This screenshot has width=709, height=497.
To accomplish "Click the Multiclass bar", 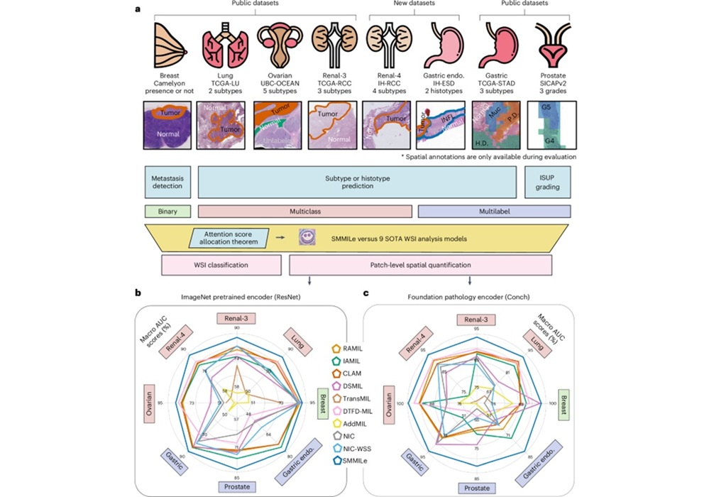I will coord(305,212).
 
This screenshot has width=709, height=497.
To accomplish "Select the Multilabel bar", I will coord(494,212).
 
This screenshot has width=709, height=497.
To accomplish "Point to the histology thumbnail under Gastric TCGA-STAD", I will coord(495,125).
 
